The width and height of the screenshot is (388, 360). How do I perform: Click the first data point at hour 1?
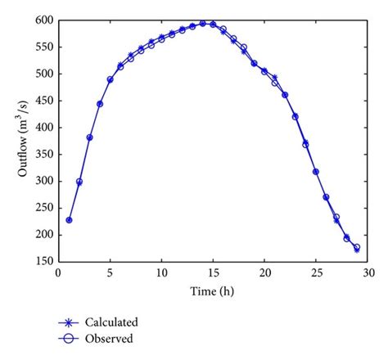[69, 220]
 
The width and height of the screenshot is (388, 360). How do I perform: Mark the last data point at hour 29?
[357, 248]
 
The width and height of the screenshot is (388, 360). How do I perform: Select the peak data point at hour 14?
[203, 24]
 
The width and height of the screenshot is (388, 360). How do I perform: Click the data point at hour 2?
[79, 182]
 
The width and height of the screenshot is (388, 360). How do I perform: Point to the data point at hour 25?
[316, 172]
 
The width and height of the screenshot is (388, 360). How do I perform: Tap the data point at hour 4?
[100, 104]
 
